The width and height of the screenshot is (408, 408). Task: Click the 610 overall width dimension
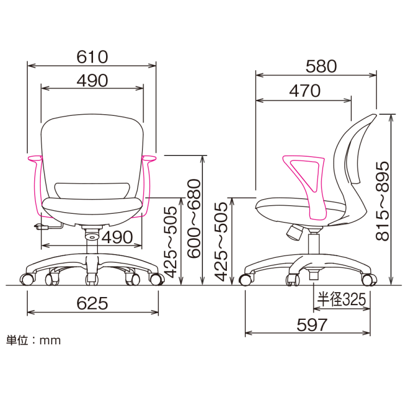[x=92, y=57]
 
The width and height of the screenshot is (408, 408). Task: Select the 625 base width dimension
[x=92, y=303]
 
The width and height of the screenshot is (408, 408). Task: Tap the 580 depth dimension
[x=321, y=66]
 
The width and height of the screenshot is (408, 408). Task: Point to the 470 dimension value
[x=305, y=91]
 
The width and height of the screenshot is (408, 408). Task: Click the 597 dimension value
[x=312, y=325]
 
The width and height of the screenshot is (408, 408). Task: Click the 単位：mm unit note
[x=33, y=341]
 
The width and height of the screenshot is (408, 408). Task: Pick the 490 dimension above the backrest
[x=92, y=81]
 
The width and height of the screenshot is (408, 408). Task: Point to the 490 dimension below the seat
[x=116, y=237]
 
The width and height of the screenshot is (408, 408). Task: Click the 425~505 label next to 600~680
[x=172, y=242]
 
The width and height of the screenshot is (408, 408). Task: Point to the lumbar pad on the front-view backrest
[x=92, y=190]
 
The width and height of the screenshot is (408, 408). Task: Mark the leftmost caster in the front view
[x=26, y=280]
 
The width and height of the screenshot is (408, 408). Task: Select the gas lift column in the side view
[x=314, y=242]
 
